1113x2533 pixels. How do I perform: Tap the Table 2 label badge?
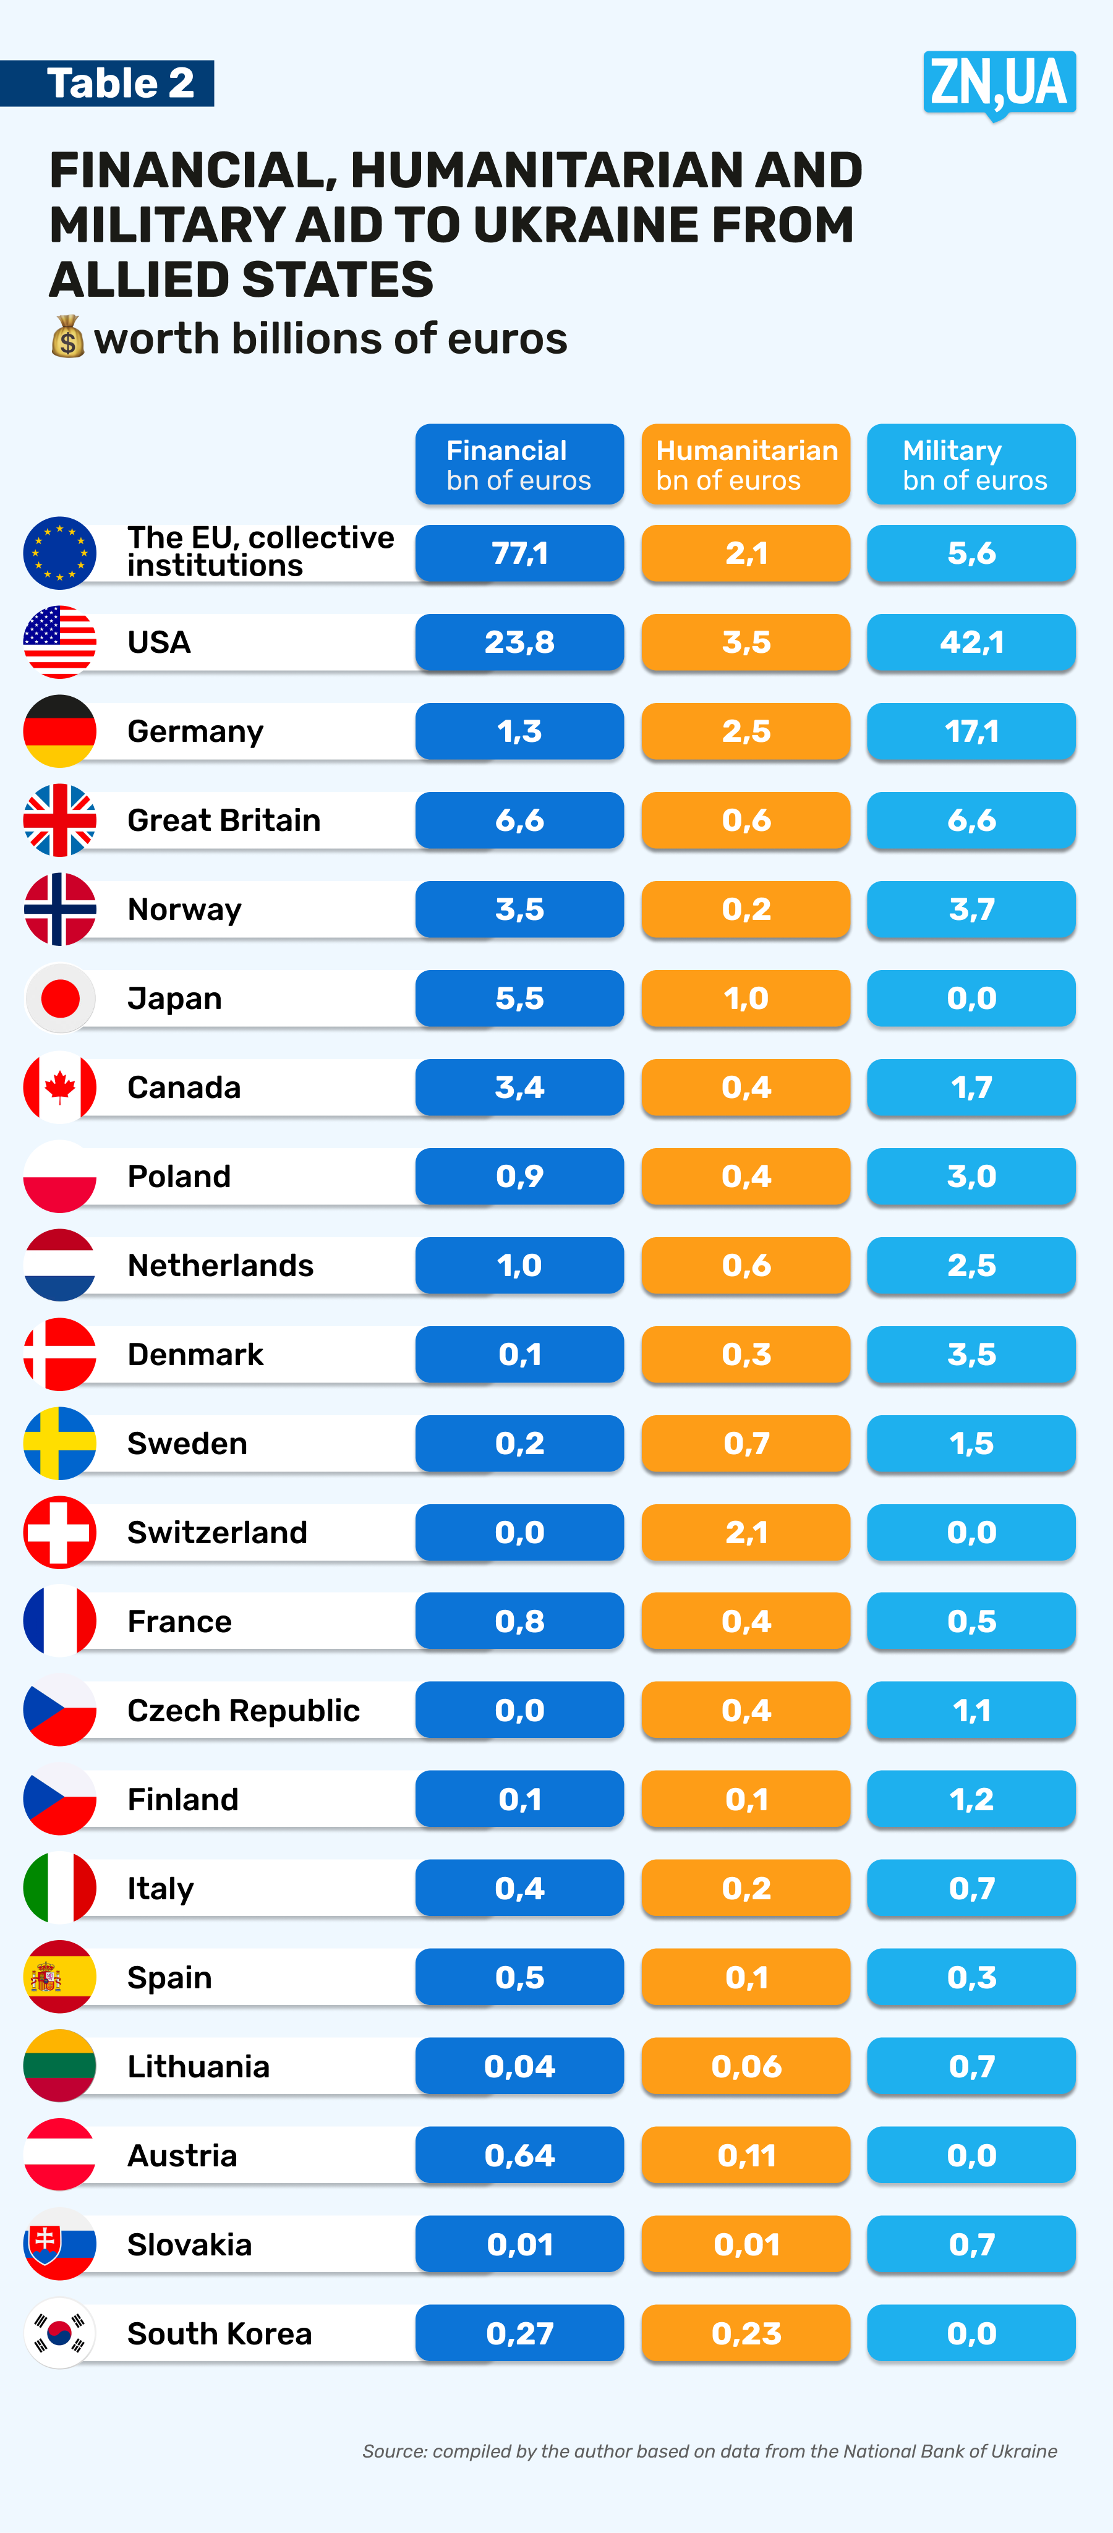point(108,83)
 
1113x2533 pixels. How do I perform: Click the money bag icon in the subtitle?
point(68,338)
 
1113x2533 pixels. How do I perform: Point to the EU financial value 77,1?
point(519,553)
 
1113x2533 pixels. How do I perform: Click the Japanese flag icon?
point(60,998)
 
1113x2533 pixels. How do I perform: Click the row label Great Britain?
point(224,820)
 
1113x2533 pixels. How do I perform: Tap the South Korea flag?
point(60,2333)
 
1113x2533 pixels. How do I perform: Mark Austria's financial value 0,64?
point(519,2155)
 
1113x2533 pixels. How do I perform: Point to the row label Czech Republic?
point(244,1711)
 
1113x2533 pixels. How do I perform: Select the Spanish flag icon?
point(60,1977)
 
